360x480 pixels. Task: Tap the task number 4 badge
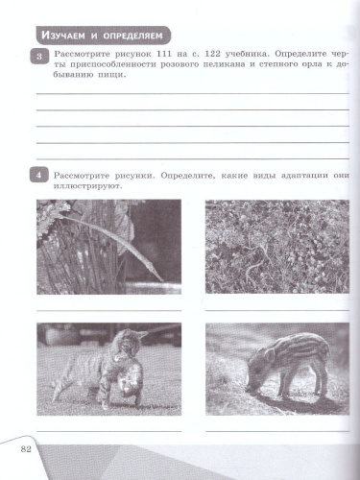[x=38, y=175]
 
